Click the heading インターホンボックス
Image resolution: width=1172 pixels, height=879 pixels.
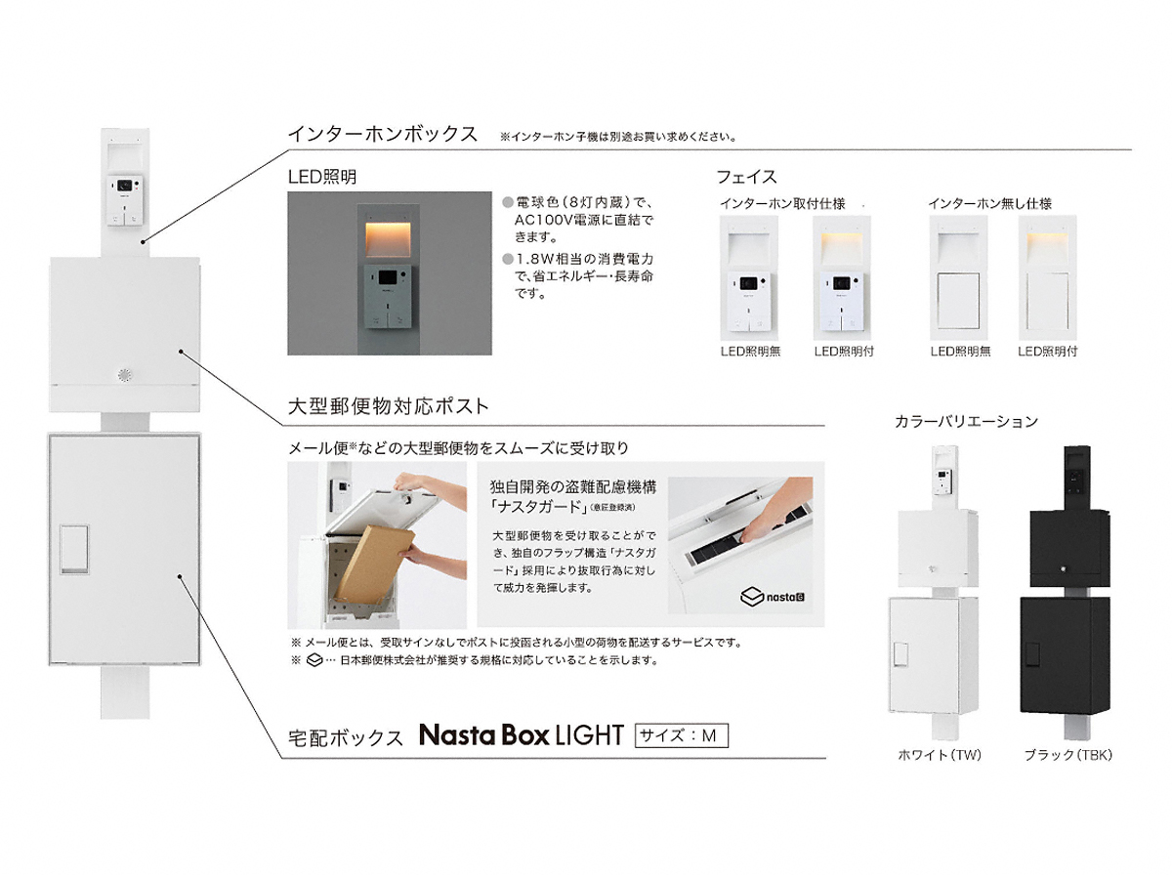click(x=382, y=134)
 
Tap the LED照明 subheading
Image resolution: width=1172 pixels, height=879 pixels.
click(x=322, y=177)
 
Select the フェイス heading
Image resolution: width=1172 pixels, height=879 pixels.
click(x=746, y=177)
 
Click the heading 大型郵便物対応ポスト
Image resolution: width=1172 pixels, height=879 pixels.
click(x=388, y=406)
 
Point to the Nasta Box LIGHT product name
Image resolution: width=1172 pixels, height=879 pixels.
click(x=522, y=735)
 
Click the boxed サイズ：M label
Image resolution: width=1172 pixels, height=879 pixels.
click(x=681, y=736)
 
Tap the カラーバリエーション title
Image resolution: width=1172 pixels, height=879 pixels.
click(x=966, y=422)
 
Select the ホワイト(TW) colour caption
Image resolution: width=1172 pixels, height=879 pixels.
click(x=939, y=755)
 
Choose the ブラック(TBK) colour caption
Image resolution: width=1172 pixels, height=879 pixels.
click(x=1067, y=755)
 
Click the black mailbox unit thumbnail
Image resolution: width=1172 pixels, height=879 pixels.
click(x=1066, y=593)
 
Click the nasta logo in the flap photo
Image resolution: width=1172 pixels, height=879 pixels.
click(x=773, y=597)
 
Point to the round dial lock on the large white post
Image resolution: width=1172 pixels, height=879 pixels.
click(x=124, y=375)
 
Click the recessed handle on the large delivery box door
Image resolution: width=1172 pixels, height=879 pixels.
click(x=74, y=550)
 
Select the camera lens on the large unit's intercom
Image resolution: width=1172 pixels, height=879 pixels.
click(x=124, y=186)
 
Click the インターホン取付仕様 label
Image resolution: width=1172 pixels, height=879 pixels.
click(x=782, y=203)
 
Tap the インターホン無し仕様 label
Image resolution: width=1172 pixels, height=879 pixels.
click(x=989, y=203)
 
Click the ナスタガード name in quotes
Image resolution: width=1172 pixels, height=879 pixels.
click(x=537, y=506)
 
